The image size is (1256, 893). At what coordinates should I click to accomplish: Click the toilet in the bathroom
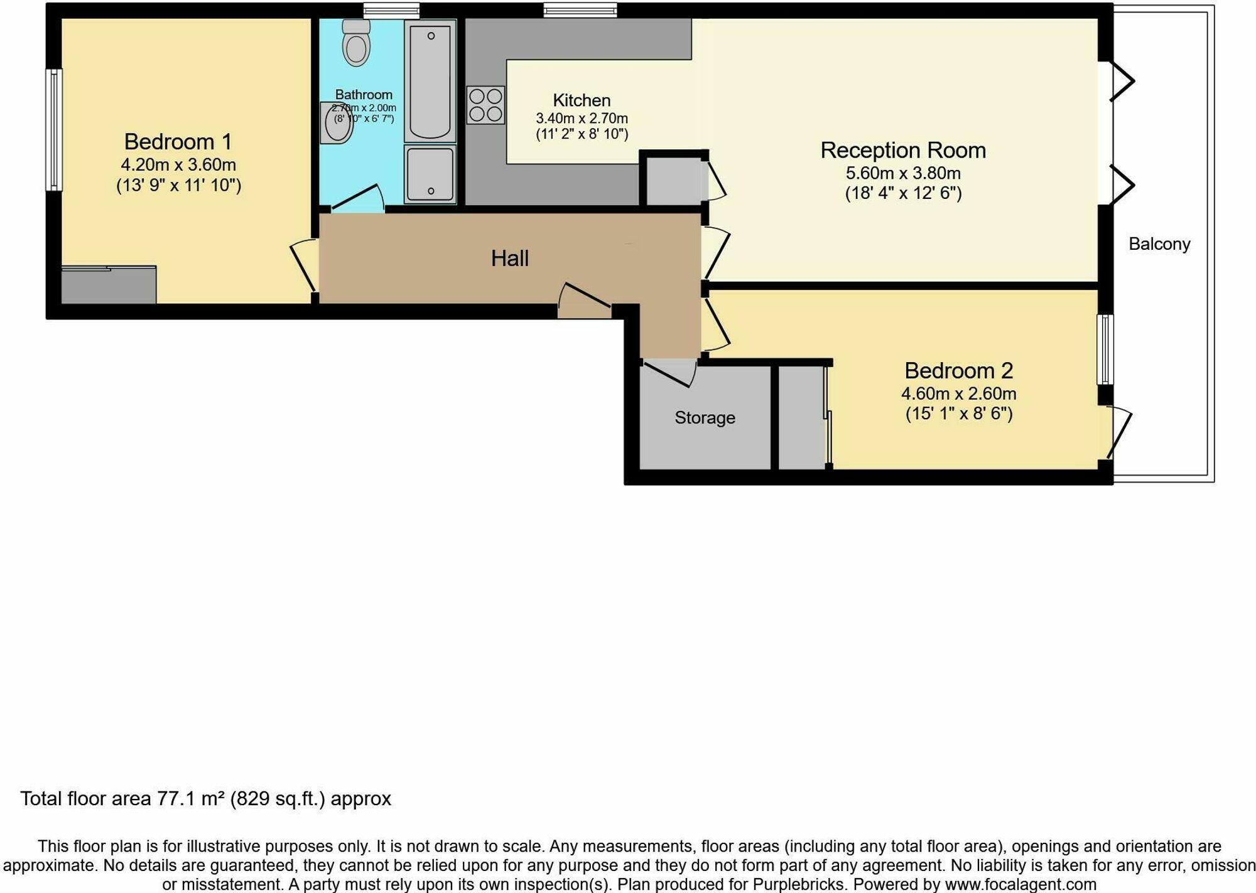[x=357, y=44]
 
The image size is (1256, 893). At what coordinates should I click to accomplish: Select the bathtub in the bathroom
[x=430, y=80]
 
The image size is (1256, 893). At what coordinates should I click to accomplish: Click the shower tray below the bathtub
[x=430, y=174]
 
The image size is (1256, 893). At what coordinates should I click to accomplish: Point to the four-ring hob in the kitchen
[x=485, y=105]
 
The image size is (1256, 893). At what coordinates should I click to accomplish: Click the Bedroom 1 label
[x=178, y=142]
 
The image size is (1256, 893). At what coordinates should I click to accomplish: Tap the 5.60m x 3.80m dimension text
[x=902, y=173]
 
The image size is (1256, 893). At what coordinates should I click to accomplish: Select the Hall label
[x=509, y=259]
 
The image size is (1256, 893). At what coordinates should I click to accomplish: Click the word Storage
[x=705, y=418]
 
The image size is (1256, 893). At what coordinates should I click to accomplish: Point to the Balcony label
[x=1159, y=244]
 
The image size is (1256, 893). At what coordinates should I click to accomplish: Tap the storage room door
[x=669, y=372]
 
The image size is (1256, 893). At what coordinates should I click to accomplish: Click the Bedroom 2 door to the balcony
[x=1118, y=433]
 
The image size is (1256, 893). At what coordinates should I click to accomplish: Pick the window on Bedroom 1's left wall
[x=55, y=129]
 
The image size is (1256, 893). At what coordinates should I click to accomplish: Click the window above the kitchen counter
[x=580, y=9]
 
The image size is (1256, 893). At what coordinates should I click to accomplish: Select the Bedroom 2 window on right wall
[x=1105, y=349]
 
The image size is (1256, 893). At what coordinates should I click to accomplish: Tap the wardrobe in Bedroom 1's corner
[x=109, y=286]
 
